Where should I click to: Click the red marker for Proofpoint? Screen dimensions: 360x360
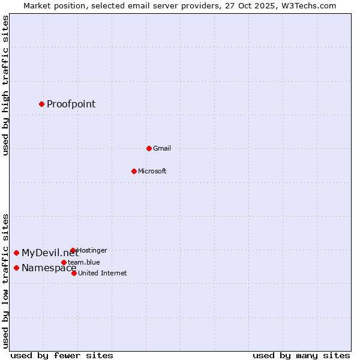(41, 104)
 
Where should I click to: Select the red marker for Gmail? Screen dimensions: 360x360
(149, 148)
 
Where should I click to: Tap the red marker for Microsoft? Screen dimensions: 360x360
(134, 171)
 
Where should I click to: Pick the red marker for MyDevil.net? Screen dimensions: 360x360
(16, 253)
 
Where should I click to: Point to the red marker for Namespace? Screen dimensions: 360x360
(16, 268)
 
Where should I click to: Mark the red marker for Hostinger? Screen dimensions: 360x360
(73, 250)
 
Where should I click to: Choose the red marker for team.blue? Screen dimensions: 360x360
(64, 262)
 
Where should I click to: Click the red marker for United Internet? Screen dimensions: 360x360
(74, 273)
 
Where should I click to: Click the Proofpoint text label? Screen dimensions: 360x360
(71, 104)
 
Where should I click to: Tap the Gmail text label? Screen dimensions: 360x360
(162, 148)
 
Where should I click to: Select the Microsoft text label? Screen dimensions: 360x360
(152, 171)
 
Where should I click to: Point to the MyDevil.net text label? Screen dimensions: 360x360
(50, 253)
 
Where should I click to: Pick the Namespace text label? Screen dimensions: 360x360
(49, 268)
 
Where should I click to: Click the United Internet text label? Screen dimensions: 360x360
(103, 273)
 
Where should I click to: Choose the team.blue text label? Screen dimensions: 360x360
(84, 262)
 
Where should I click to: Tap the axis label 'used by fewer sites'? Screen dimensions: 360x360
(62, 355)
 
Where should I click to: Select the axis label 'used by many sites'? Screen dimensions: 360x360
(301, 355)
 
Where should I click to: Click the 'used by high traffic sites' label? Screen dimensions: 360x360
(5, 85)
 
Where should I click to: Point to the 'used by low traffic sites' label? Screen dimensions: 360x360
(5, 280)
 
